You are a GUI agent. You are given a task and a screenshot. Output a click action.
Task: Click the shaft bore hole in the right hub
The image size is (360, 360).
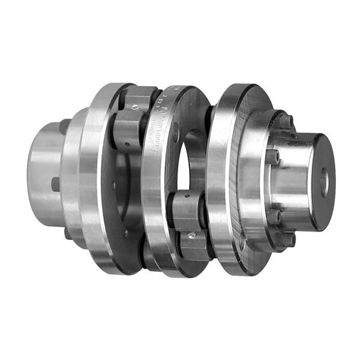(x=324, y=179)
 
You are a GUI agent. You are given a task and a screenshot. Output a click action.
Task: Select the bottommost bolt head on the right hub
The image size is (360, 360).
(x=287, y=238)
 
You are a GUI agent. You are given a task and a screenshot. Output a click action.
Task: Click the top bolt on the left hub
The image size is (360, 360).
(x=64, y=127)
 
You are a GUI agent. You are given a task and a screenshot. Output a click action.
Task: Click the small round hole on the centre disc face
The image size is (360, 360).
(x=175, y=132)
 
